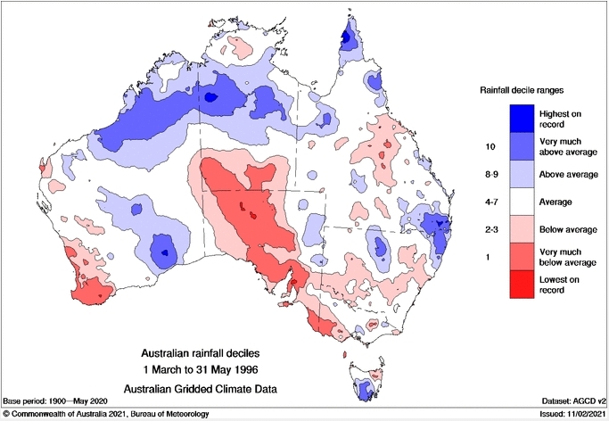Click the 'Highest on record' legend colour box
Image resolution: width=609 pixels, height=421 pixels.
[x=522, y=118]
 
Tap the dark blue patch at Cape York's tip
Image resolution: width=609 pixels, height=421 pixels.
[x=347, y=36]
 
